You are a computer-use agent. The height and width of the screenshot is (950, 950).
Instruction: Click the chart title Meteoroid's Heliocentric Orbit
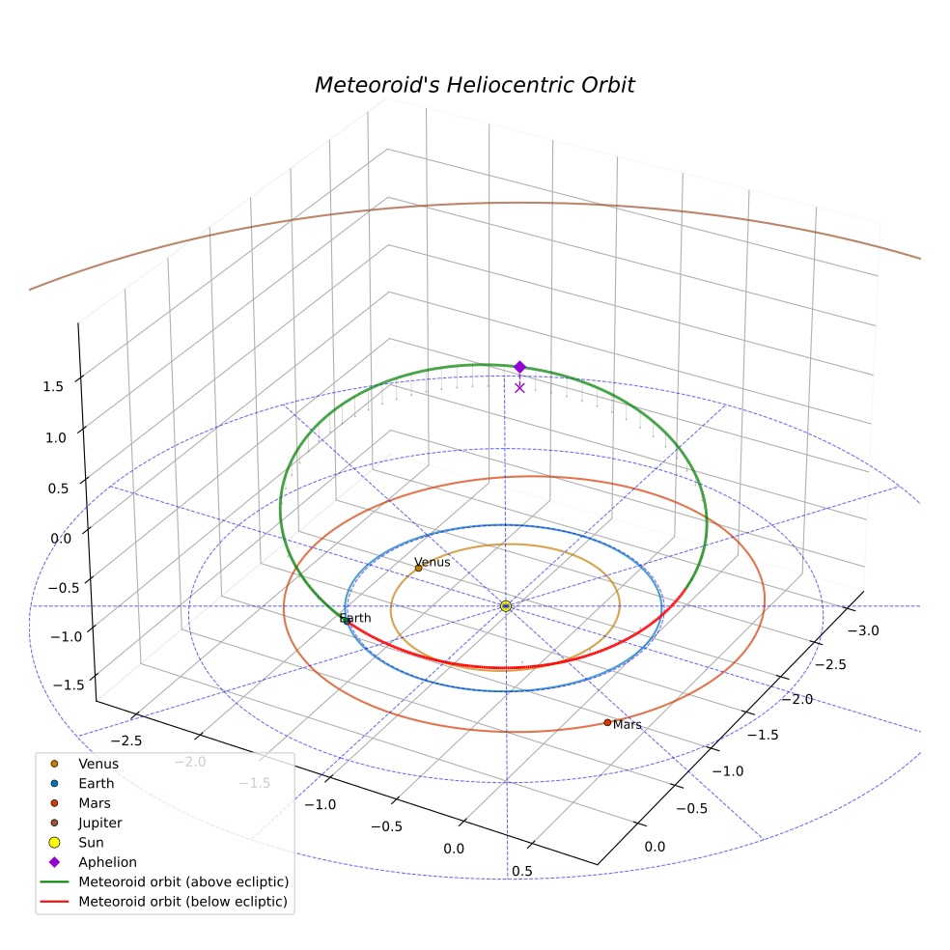(x=474, y=85)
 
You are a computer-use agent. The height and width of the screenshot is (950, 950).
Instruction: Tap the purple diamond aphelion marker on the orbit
(x=519, y=367)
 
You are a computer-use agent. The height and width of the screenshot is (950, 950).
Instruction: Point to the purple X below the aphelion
(x=519, y=388)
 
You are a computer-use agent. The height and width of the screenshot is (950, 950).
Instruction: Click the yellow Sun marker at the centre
(x=506, y=606)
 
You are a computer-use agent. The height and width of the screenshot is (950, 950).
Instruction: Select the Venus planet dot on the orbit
(x=418, y=568)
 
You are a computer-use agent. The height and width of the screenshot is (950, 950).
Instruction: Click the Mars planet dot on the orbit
(x=607, y=722)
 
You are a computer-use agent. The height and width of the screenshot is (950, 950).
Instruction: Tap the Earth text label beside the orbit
(x=355, y=618)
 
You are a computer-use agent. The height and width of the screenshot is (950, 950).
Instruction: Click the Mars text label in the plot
(x=628, y=725)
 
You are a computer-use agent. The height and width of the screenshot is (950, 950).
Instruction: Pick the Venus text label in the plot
(x=432, y=562)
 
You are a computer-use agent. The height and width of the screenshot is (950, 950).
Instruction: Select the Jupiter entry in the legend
(x=100, y=823)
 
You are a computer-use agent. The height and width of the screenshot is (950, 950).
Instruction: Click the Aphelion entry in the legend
(x=107, y=862)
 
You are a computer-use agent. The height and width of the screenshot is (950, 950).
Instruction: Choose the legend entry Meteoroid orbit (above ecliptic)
(x=183, y=881)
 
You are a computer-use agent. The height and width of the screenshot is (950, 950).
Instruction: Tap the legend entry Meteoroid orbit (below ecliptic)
(x=183, y=902)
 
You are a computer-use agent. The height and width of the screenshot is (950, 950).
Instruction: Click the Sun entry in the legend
(x=91, y=842)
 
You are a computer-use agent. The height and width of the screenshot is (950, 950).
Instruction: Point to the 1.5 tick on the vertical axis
(x=53, y=386)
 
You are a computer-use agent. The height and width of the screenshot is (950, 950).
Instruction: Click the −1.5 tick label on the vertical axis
(x=69, y=685)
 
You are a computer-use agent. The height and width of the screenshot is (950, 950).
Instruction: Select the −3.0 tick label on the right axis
(x=863, y=630)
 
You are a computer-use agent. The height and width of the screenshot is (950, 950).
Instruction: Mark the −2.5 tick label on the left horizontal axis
(x=126, y=740)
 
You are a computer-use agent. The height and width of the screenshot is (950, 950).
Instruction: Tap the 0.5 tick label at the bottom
(x=521, y=871)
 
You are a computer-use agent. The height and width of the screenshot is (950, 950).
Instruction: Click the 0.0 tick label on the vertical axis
(x=61, y=539)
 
